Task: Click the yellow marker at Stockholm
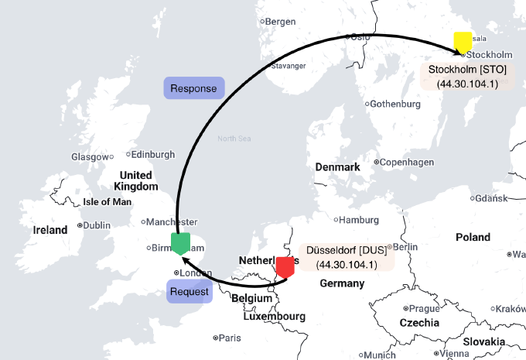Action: [463, 42]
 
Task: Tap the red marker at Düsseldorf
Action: [285, 266]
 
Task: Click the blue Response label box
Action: [193, 87]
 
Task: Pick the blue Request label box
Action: [189, 292]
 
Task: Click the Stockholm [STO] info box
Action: [467, 76]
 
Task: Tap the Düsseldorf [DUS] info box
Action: [346, 258]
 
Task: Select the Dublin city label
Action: [96, 225]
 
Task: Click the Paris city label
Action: [229, 338]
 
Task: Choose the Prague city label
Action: [424, 308]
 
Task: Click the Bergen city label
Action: [280, 21]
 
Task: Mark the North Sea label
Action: [234, 139]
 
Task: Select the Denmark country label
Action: [338, 167]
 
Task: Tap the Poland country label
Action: [473, 237]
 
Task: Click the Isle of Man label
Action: [108, 202]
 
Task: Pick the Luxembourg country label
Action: [274, 316]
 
